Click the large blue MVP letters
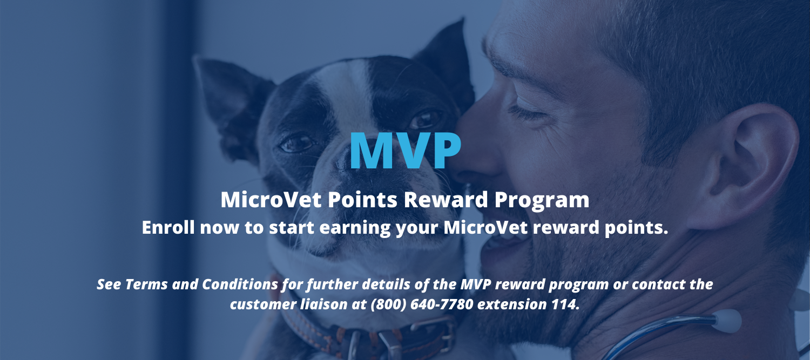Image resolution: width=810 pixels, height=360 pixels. [406, 151]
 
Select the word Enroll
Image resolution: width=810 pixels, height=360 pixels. [168, 227]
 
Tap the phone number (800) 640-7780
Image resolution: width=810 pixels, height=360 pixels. [422, 304]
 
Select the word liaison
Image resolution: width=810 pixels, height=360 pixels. [324, 304]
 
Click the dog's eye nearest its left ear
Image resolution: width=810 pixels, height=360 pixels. [297, 144]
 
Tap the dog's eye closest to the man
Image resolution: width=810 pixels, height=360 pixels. [425, 120]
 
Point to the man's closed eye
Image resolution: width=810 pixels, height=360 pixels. [528, 113]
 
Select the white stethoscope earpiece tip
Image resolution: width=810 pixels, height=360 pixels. [727, 321]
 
